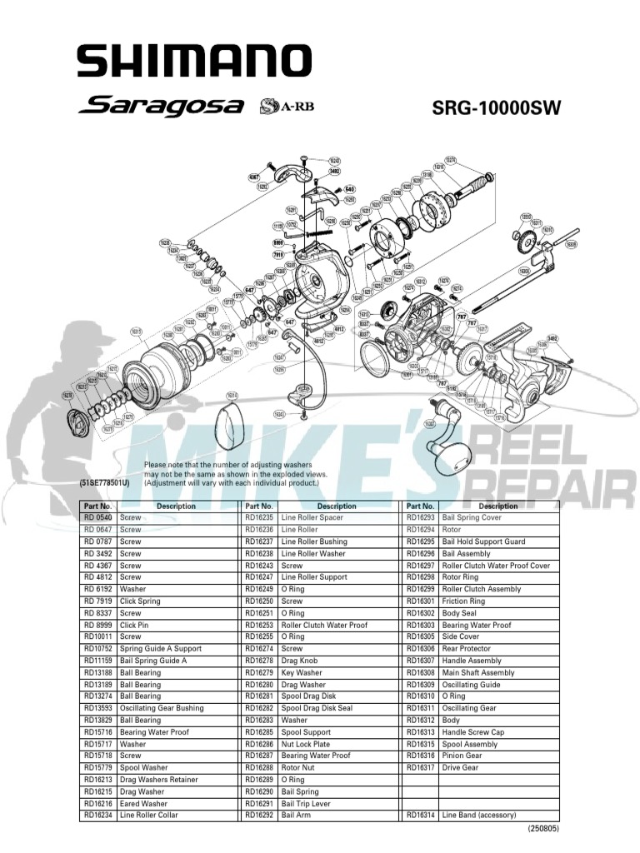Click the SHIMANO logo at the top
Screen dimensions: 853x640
click(194, 62)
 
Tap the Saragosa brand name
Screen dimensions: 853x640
click(162, 107)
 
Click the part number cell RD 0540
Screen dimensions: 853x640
click(98, 517)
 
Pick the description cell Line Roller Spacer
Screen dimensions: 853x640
click(312, 517)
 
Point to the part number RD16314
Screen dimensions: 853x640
click(420, 815)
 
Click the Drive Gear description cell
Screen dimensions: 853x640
click(460, 767)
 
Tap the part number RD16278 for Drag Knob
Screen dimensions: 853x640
click(259, 661)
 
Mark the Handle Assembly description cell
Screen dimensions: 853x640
click(472, 661)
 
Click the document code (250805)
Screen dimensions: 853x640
click(542, 830)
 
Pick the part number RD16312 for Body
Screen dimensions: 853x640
click(420, 720)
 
